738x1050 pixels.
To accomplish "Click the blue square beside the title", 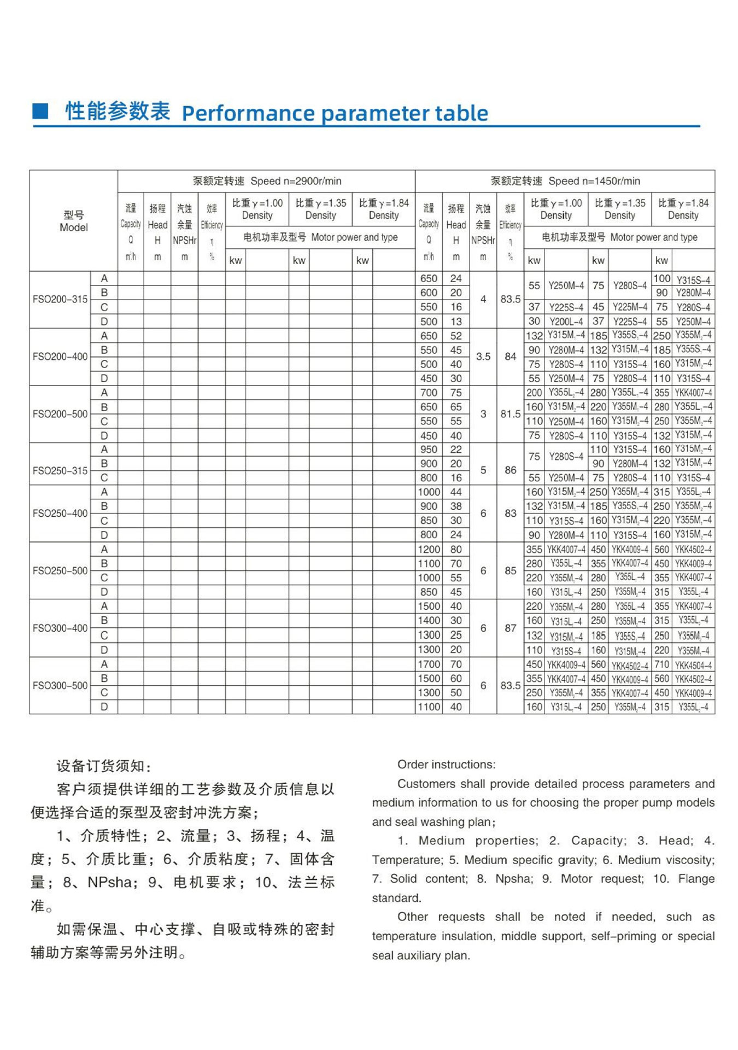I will [40, 111].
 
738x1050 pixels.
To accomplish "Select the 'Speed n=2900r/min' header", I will [296, 181].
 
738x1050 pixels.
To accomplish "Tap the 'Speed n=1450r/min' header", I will [594, 181].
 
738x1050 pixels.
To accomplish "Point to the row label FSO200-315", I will [60, 299].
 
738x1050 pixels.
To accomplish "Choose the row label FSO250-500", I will [60, 570].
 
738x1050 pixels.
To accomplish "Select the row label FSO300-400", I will [60, 628].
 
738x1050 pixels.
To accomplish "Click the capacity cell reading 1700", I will [429, 664].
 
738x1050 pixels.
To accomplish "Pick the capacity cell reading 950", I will [429, 450].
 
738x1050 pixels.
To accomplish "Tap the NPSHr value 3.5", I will [483, 357].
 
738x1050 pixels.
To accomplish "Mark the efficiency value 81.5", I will [511, 414].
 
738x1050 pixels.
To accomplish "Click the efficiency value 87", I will [511, 628].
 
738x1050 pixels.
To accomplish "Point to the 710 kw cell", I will [661, 664].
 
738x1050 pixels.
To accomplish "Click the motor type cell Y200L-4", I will [566, 322].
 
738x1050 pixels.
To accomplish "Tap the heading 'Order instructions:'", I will [447, 764].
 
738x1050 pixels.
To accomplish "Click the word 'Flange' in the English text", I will [696, 878].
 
